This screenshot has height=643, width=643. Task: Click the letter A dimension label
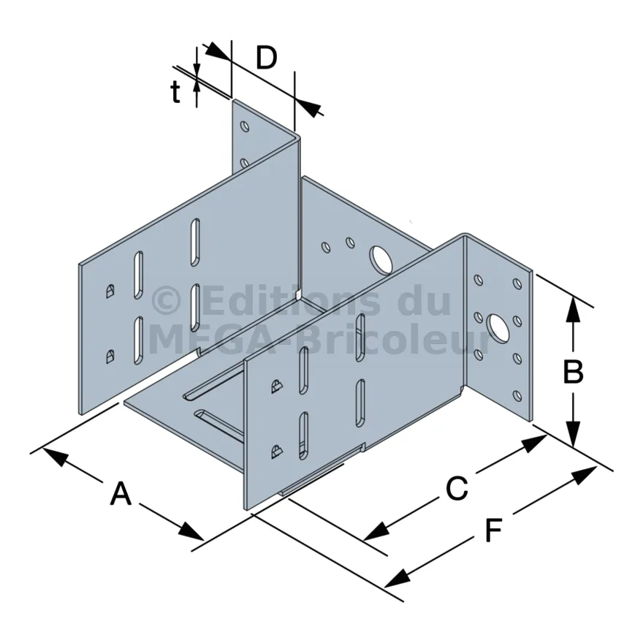(121, 495)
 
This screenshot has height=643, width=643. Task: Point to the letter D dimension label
(267, 58)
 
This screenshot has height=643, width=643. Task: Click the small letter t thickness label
(175, 92)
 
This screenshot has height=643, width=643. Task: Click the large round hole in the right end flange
(498, 328)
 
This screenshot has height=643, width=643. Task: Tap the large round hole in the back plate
(381, 258)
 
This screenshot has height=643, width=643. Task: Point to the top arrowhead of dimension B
(574, 311)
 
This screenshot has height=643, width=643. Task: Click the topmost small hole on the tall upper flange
(245, 126)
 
